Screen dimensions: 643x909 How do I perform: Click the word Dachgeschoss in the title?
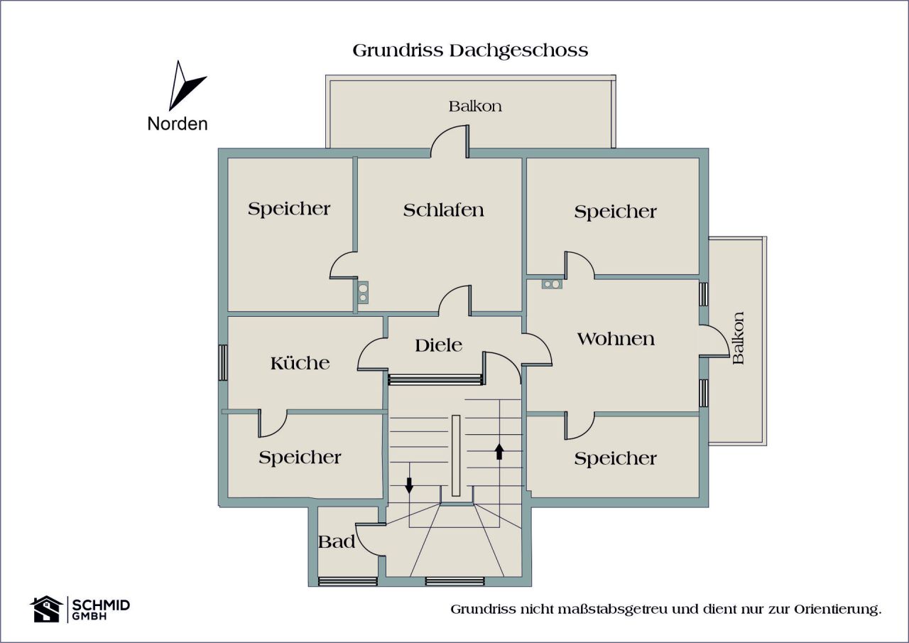tap(518, 51)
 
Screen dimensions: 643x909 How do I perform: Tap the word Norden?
tap(178, 124)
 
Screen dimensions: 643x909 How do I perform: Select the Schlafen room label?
tap(444, 210)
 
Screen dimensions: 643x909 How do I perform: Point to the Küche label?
tap(300, 363)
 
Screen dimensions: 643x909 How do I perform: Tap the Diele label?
tap(438, 345)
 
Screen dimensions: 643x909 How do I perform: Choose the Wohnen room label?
tap(615, 339)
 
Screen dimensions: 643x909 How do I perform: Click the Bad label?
tap(336, 541)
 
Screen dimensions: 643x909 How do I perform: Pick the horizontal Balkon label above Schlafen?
tap(475, 107)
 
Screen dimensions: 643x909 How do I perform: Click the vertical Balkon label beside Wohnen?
tap(739, 337)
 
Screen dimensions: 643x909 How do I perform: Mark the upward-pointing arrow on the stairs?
tap(499, 451)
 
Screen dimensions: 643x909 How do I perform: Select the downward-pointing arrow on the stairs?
tap(409, 485)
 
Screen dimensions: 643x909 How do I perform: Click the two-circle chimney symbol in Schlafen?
tap(363, 291)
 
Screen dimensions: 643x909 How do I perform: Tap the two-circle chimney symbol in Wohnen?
tap(551, 284)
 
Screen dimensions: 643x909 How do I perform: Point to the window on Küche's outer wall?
tap(223, 362)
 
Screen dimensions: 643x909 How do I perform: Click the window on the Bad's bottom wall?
tap(347, 581)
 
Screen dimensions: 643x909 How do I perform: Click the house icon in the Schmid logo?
tap(46, 609)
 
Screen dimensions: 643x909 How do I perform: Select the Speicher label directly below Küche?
tap(300, 458)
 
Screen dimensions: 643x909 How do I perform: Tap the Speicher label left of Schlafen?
tap(289, 209)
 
